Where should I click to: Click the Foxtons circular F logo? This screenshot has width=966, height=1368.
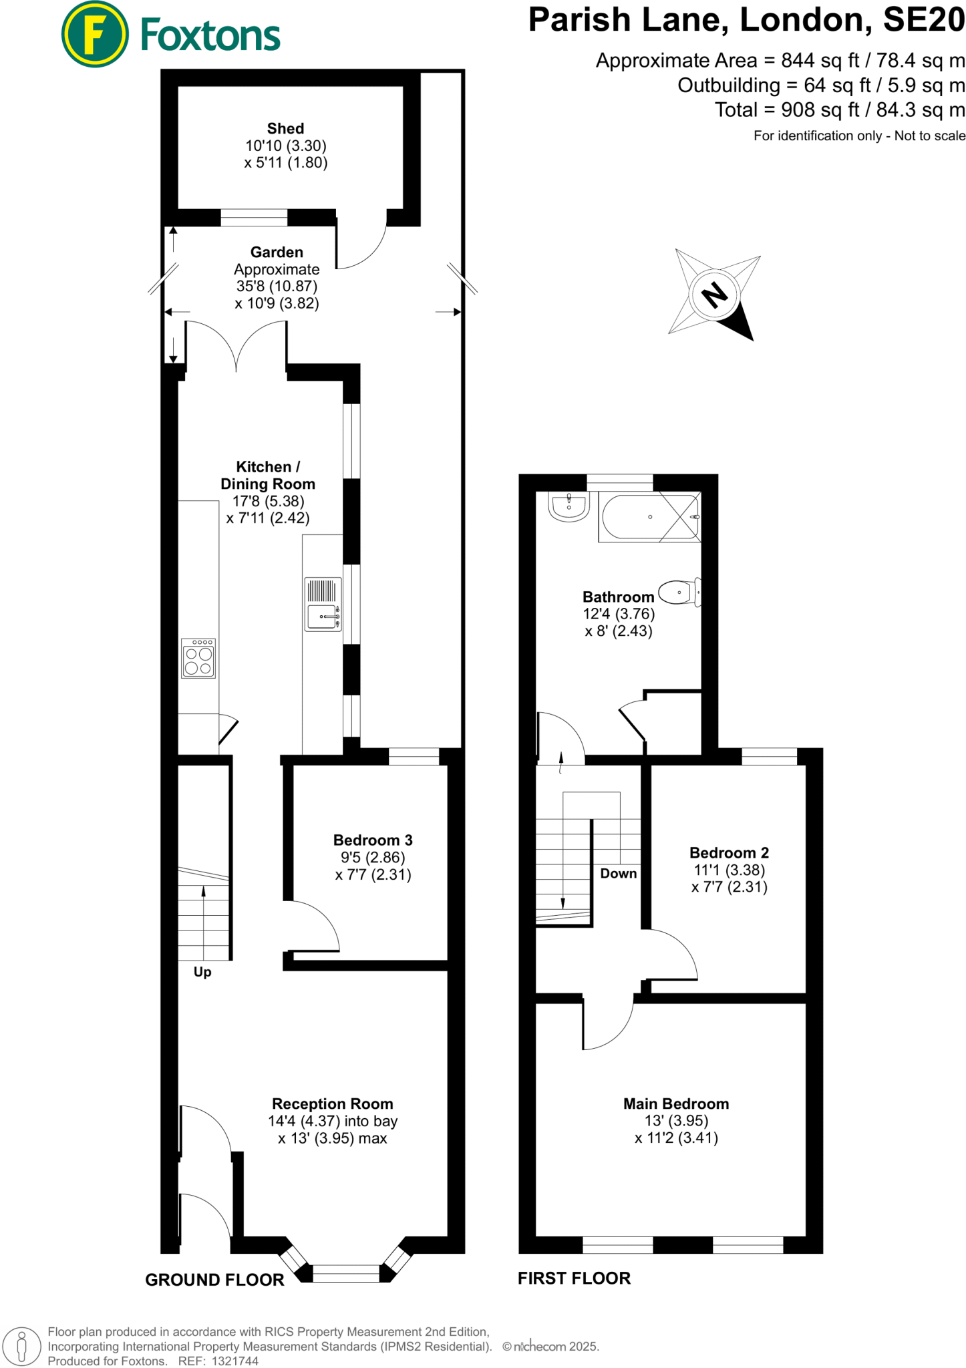tap(94, 35)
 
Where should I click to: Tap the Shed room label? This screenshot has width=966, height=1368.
tap(285, 128)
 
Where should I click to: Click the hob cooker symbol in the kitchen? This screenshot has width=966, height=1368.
tap(198, 659)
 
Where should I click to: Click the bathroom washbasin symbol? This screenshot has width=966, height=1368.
tap(569, 506)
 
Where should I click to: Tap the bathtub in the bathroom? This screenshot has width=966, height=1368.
tap(649, 517)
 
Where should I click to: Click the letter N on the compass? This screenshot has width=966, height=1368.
tap(715, 294)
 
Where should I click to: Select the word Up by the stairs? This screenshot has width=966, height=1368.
tap(202, 972)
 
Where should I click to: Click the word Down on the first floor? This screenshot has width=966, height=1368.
tap(618, 874)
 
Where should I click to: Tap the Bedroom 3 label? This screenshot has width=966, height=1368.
tap(373, 840)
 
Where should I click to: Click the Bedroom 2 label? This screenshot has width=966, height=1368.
tap(729, 853)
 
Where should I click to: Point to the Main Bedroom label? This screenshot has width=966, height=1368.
tap(675, 1104)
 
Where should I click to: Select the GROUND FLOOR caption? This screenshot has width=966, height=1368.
tap(214, 1280)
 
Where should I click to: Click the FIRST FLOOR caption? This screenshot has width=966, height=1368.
tap(574, 1278)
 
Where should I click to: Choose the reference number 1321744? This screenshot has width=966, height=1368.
tap(234, 1361)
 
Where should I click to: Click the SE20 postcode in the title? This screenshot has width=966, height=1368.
tap(924, 20)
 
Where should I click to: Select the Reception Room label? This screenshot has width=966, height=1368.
tap(332, 1104)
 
